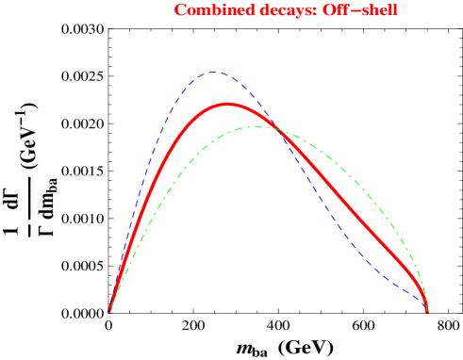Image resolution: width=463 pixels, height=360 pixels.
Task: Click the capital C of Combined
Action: click(x=180, y=10)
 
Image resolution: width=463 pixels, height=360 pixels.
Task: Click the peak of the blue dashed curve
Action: click(x=214, y=72)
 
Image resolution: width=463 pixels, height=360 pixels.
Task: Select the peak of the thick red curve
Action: click(x=227, y=104)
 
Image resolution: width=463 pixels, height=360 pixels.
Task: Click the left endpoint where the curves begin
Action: click(x=109, y=311)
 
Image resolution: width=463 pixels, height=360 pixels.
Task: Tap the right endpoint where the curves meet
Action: click(x=427, y=310)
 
